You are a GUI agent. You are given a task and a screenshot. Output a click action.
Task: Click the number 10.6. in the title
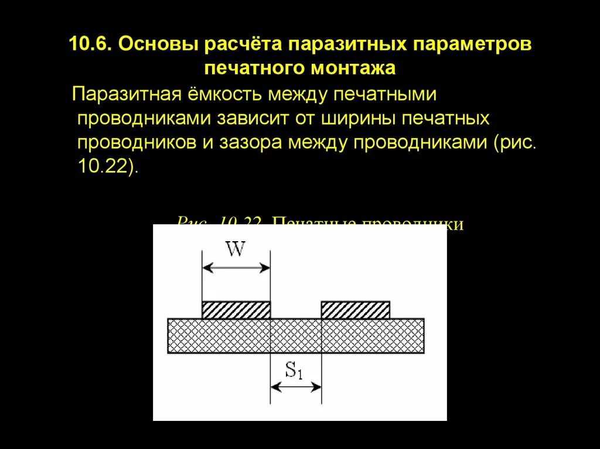click(x=91, y=45)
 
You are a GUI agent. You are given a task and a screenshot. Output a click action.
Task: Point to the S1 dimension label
click(x=294, y=371)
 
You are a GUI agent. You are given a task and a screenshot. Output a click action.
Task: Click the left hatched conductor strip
click(x=236, y=310)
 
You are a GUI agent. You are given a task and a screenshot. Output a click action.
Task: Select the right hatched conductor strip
click(x=356, y=310)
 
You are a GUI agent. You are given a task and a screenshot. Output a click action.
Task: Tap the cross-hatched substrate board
click(x=296, y=335)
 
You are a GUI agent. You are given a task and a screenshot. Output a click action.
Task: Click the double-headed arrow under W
click(x=236, y=268)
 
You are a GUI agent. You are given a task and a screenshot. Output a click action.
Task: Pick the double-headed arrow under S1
click(x=296, y=386)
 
